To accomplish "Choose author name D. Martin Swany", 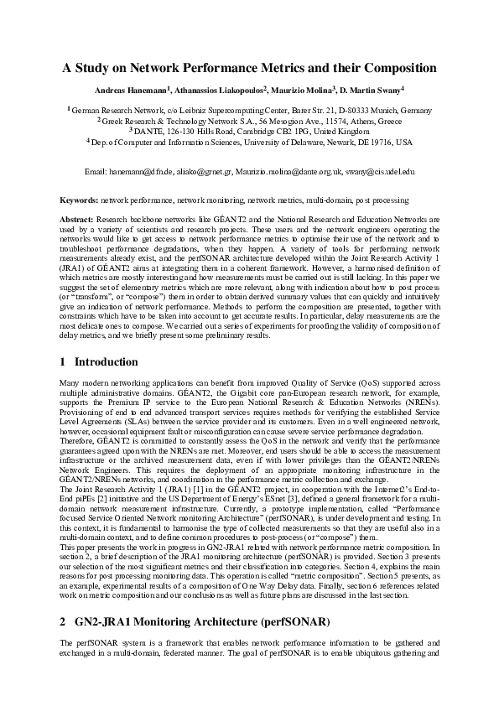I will (x=367, y=89).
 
